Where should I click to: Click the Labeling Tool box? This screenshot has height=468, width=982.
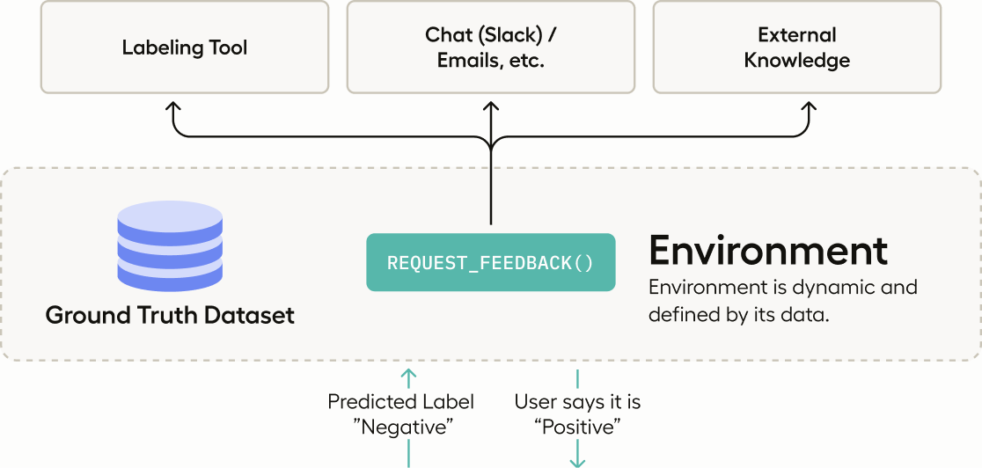pyautogui.click(x=184, y=48)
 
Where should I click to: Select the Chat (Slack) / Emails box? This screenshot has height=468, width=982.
pyautogui.click(x=490, y=48)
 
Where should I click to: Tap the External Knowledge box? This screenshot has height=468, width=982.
pyautogui.click(x=796, y=48)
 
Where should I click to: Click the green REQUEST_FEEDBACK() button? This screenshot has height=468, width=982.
pyautogui.click(x=490, y=262)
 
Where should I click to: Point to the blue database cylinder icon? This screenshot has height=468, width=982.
pyautogui.click(x=170, y=246)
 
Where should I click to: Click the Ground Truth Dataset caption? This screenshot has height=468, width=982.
pyautogui.click(x=170, y=315)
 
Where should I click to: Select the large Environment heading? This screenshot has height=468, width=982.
pyautogui.click(x=768, y=251)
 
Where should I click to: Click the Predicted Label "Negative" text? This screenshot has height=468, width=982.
pyautogui.click(x=400, y=414)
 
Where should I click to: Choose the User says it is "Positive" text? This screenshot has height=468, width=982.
pyautogui.click(x=577, y=414)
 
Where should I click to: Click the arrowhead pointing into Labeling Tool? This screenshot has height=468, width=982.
pyautogui.click(x=173, y=106)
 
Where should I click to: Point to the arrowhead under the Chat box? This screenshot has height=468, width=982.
pyautogui.click(x=491, y=106)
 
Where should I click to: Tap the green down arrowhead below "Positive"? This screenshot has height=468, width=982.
pyautogui.click(x=578, y=460)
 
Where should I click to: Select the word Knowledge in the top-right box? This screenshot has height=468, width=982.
pyautogui.click(x=796, y=61)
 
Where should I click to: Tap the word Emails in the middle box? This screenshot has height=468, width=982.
pyautogui.click(x=467, y=61)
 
